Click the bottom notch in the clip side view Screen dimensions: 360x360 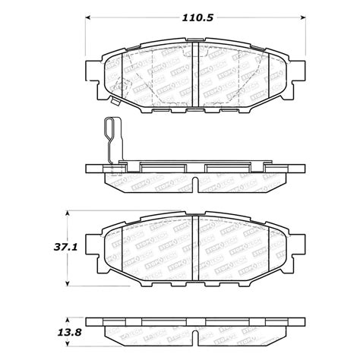(x=196, y=184)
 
